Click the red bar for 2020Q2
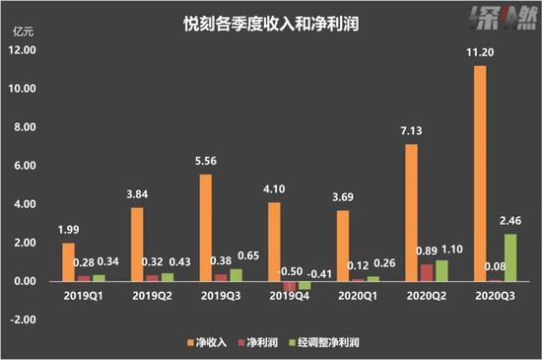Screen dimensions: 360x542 tap(428, 273)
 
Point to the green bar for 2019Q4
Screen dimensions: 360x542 tap(305, 285)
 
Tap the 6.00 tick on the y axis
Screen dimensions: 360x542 tap(22, 166)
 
